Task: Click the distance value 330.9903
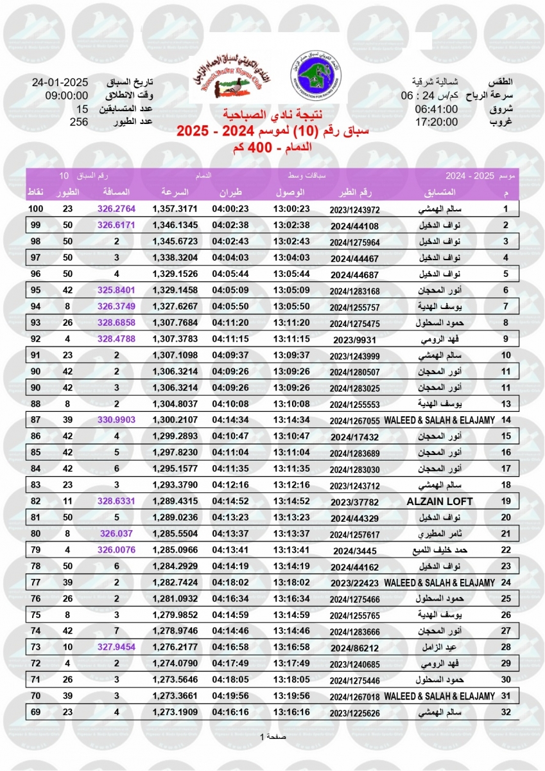pos(117,420)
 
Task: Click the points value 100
pos(35,209)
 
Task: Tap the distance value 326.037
pos(117,533)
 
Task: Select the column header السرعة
pos(175,193)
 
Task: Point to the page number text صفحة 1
pos(272,736)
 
